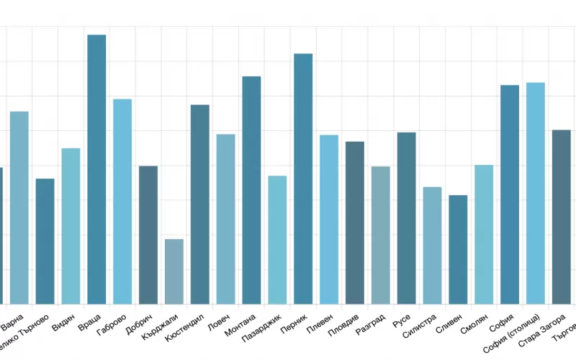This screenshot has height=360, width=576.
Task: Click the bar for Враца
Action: (x=96, y=169)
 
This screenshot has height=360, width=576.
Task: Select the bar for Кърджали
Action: (x=174, y=271)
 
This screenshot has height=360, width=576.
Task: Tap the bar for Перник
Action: (x=303, y=179)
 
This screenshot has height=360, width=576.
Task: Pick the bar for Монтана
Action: (x=251, y=190)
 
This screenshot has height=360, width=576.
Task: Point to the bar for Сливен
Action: (x=458, y=249)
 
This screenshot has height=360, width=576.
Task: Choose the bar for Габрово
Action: (x=122, y=202)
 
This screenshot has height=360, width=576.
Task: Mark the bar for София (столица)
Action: (x=536, y=193)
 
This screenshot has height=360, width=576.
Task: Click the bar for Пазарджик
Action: (x=277, y=240)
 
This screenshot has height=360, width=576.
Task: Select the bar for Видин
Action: (x=71, y=226)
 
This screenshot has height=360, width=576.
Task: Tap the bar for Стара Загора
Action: (x=562, y=217)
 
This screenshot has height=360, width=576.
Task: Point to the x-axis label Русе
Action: (x=402, y=318)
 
